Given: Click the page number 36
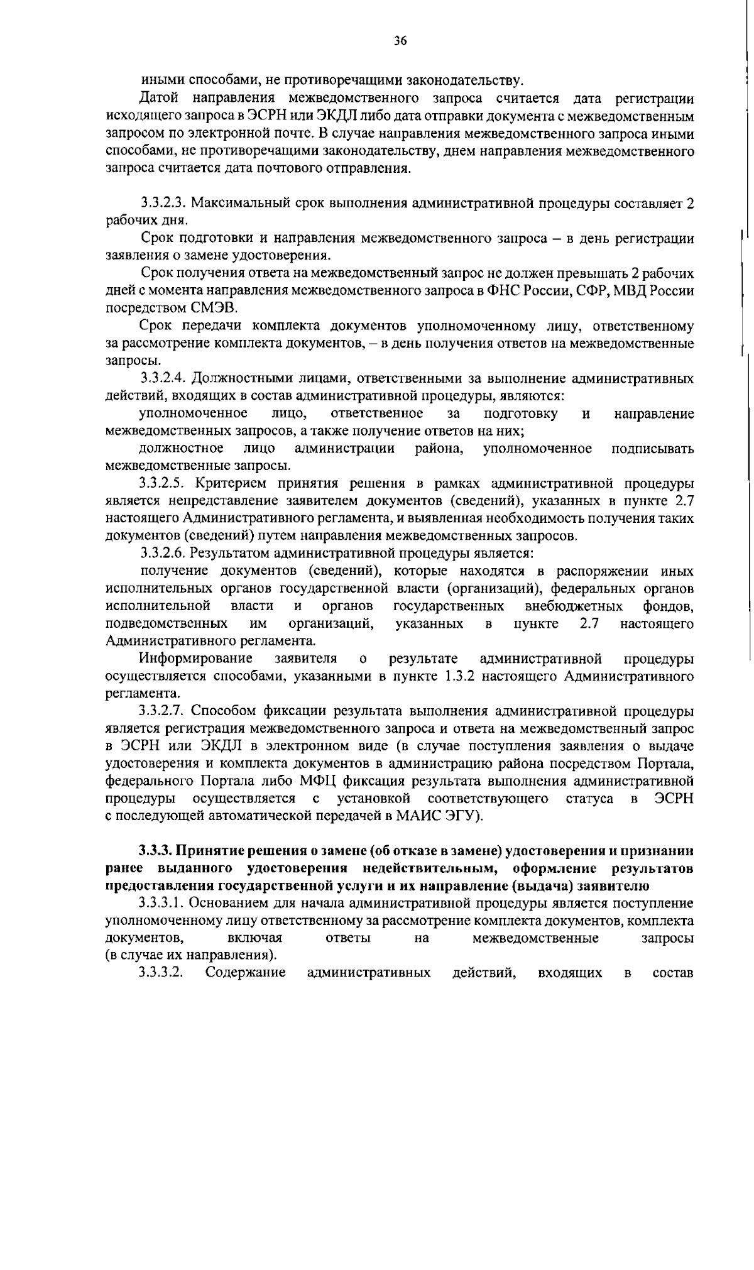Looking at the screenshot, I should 400,41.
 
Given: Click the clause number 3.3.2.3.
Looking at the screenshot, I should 163,204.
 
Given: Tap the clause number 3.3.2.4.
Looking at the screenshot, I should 163,378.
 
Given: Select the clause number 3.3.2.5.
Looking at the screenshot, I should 163,484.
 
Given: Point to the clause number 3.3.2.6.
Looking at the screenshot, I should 163,554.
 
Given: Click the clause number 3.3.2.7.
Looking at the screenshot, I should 163,711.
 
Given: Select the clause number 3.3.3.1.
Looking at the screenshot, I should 163,904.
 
